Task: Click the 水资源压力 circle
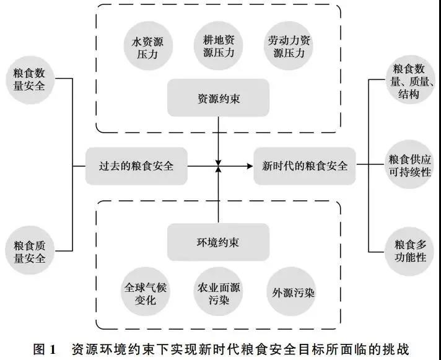coord(148,46)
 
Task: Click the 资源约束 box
coord(218,97)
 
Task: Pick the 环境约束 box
coord(218,242)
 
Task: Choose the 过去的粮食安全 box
coord(136,166)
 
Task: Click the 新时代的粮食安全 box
coord(305,166)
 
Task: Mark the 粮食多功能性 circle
coord(411,250)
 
